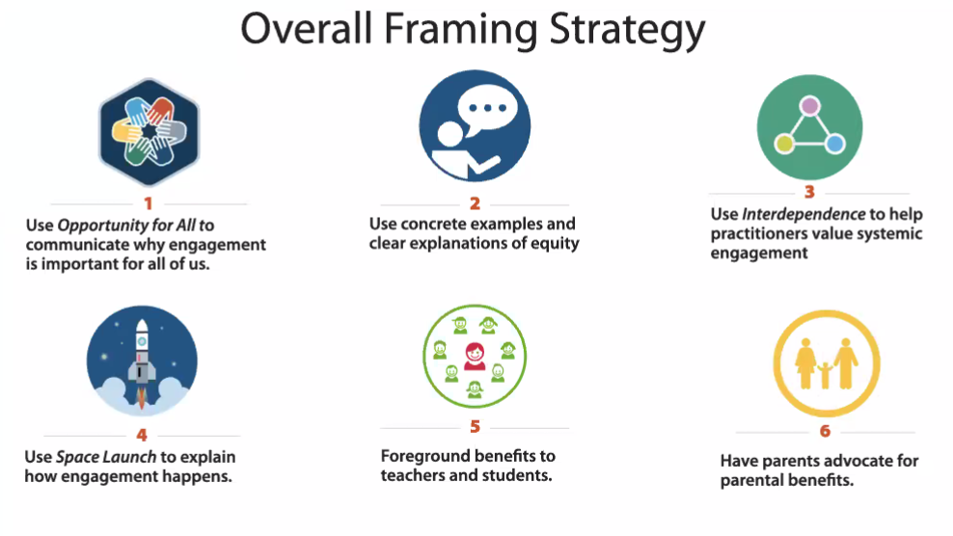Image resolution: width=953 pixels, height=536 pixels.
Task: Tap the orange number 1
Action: [148, 203]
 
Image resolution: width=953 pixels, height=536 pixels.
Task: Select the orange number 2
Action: [475, 203]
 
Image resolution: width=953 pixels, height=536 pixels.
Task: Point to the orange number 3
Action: [809, 192]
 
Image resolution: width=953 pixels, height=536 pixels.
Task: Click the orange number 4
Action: [142, 435]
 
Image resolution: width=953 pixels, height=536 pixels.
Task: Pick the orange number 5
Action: [475, 427]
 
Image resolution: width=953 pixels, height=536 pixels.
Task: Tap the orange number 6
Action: [825, 431]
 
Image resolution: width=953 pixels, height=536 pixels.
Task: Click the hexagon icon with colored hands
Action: [149, 132]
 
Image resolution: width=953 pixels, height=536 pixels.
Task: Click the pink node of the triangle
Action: [809, 106]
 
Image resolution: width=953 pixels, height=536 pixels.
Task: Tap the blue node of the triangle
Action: [834, 144]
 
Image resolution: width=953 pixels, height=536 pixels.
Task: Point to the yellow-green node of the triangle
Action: [784, 144]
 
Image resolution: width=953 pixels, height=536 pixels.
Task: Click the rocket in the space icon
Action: [142, 360]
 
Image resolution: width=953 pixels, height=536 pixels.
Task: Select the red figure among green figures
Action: [475, 356]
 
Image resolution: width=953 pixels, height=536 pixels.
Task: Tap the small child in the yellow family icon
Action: [826, 375]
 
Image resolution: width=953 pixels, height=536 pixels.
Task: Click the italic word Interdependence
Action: [803, 214]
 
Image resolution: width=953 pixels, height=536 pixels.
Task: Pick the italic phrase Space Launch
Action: [106, 456]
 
